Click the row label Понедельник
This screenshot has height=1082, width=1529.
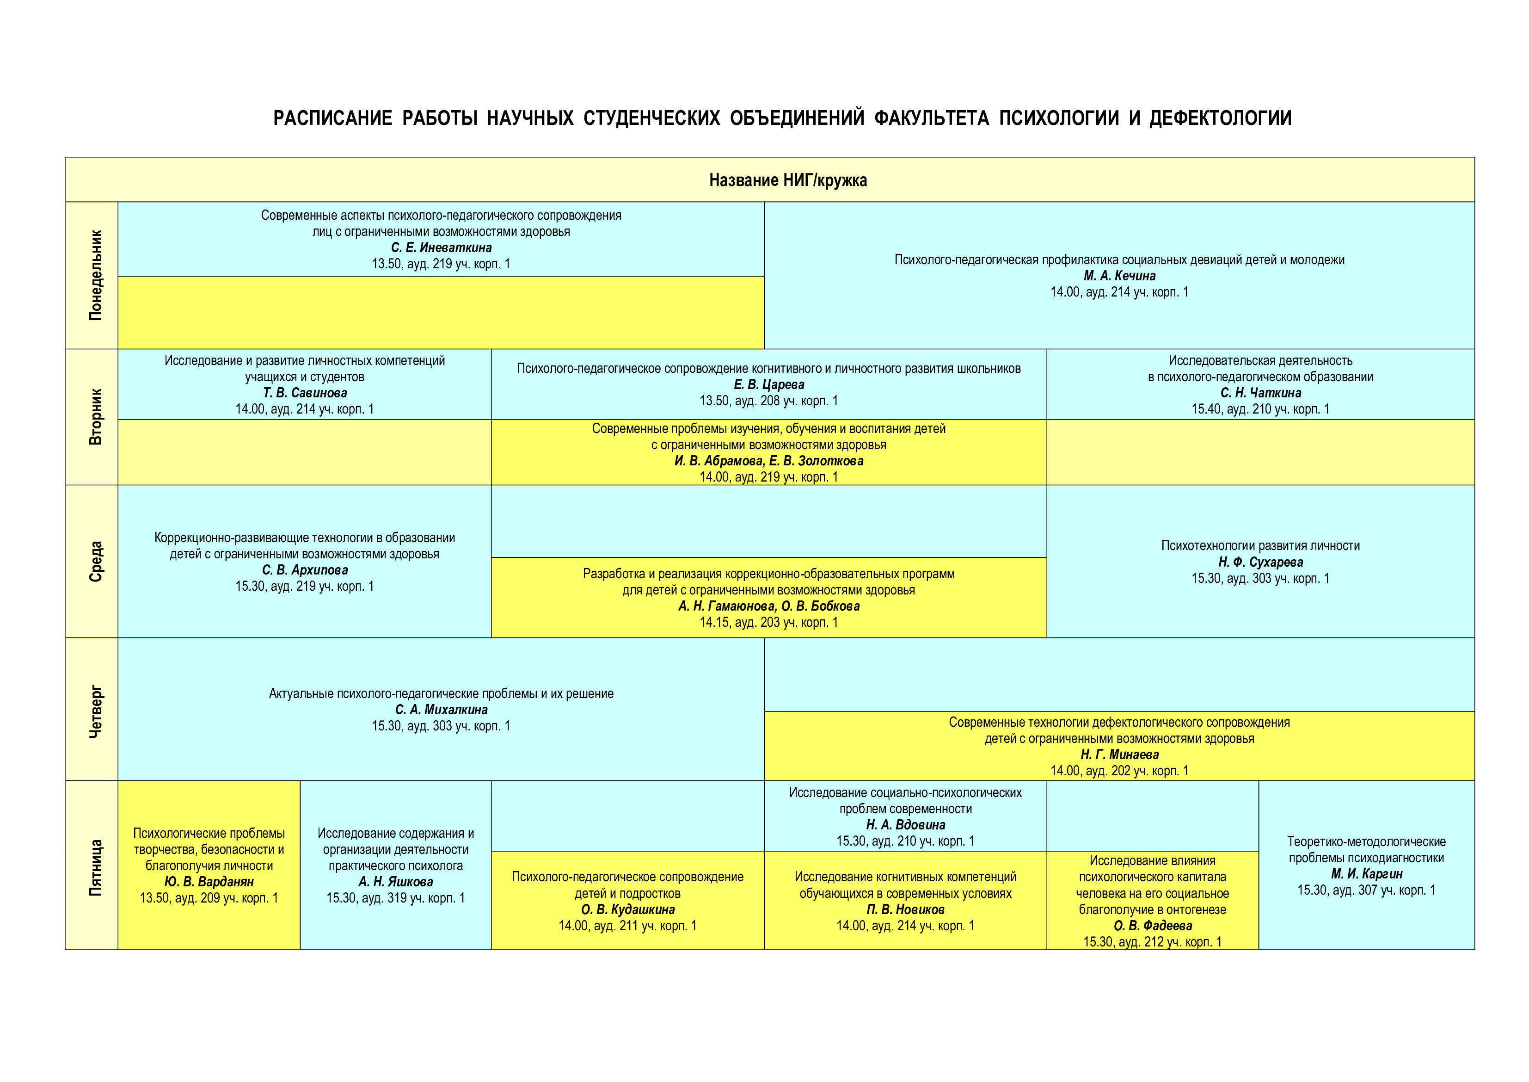(96, 275)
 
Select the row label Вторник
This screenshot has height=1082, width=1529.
(96, 417)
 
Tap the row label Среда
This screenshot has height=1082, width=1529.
(96, 561)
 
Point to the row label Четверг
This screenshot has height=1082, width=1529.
(96, 711)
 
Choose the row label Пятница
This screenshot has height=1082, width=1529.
(96, 867)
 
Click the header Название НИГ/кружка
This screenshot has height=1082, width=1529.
(788, 180)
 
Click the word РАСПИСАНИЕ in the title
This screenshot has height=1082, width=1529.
(332, 118)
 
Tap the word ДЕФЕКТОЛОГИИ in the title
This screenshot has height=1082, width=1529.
(1221, 118)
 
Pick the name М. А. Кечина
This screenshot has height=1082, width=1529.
(1119, 276)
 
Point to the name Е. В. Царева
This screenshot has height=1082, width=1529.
(769, 384)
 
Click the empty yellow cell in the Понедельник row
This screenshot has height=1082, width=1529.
(441, 312)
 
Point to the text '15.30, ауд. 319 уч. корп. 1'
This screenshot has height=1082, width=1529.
(396, 898)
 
